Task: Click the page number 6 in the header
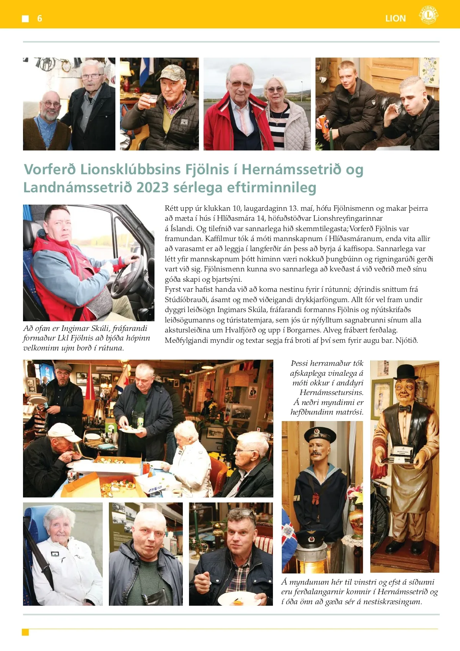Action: (x=39, y=18)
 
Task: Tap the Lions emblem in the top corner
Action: (x=428, y=15)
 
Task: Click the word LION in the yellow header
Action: (x=395, y=18)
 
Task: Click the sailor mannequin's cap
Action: (x=320, y=434)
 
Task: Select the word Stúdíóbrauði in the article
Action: (x=186, y=300)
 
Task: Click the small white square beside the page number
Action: (x=26, y=18)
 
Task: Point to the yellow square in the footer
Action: (x=26, y=632)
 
